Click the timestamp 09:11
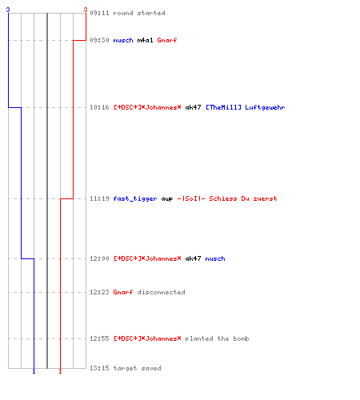(99, 13)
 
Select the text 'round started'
(139, 13)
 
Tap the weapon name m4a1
(145, 40)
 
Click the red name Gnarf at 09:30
(167, 40)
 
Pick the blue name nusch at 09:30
(123, 40)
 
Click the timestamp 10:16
(99, 107)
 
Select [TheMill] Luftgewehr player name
(246, 107)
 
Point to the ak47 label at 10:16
(193, 107)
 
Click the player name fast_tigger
(135, 198)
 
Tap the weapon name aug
(167, 199)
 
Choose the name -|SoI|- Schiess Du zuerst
(227, 198)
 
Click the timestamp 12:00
(99, 258)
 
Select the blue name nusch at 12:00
(215, 258)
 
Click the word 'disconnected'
(161, 292)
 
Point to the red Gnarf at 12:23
(123, 292)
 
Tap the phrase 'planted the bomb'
(217, 338)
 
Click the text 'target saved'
(137, 368)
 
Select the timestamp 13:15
(99, 368)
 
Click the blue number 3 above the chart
(8, 10)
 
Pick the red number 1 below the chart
(60, 371)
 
